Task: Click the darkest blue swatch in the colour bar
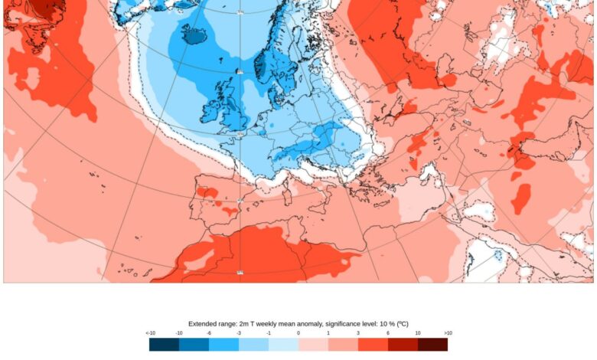(x=164, y=344)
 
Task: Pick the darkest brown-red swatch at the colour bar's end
(x=432, y=344)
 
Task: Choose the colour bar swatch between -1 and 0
(x=283, y=344)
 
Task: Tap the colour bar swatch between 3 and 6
(x=373, y=344)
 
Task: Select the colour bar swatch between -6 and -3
(x=223, y=344)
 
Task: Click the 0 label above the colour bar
(x=298, y=333)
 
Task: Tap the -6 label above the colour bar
(x=209, y=333)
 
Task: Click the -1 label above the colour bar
(x=269, y=333)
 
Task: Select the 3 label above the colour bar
(x=358, y=333)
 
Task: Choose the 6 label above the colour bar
(x=388, y=333)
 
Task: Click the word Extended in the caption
(x=202, y=324)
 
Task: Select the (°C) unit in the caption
(x=401, y=324)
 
